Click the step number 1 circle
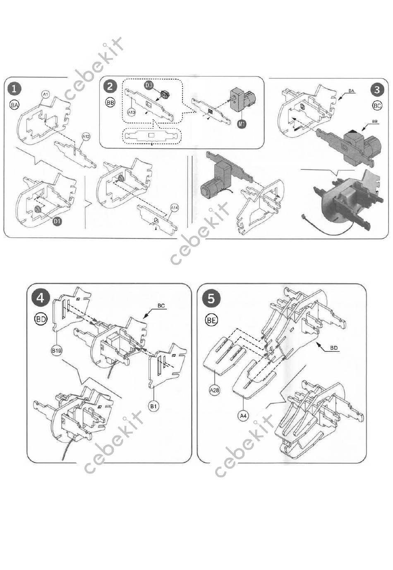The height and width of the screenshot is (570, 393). tap(14, 88)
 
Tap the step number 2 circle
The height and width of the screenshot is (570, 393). tap(110, 86)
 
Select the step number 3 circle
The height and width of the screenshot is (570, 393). tap(377, 90)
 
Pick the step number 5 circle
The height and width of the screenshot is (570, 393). tap(211, 298)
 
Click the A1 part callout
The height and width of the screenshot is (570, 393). tap(46, 95)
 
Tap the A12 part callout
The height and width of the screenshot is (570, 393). tap(86, 136)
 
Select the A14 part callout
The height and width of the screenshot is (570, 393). tap(175, 208)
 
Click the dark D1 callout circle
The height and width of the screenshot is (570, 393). tap(57, 221)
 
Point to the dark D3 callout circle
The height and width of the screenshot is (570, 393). tap(149, 85)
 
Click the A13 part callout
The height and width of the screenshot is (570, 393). tap(132, 112)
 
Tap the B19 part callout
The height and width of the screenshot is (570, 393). tap(56, 351)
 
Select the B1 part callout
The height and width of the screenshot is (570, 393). tap(153, 406)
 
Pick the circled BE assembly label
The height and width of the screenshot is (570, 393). tap(211, 320)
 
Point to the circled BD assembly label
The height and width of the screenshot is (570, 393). tap(41, 319)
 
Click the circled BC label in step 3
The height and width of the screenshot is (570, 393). tap(377, 106)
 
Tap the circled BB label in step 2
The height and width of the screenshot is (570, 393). tap(110, 103)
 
